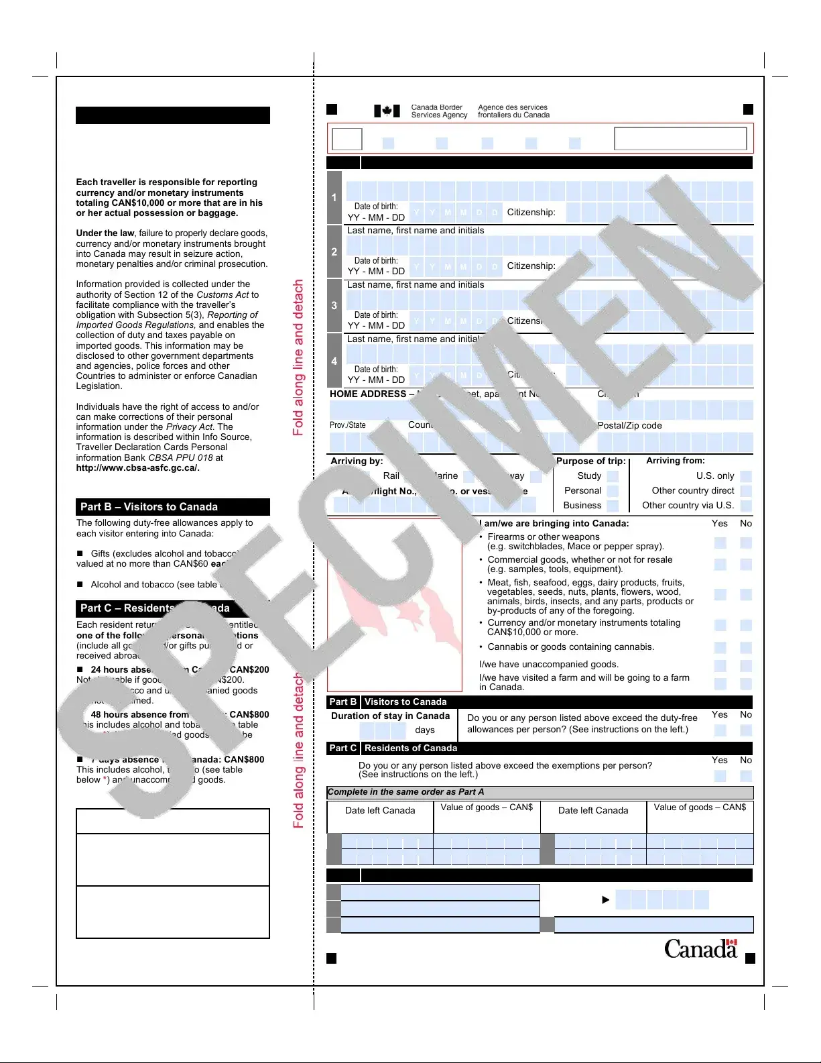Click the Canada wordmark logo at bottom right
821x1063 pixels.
pos(700,948)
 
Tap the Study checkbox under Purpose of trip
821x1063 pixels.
pos(613,476)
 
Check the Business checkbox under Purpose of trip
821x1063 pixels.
pos(613,506)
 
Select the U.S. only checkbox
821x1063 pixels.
pos(746,476)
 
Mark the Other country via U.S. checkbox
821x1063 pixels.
pos(746,506)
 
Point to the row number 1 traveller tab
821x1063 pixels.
pos(334,198)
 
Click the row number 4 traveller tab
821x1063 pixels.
pos(334,361)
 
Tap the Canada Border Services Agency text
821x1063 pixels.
pos(439,111)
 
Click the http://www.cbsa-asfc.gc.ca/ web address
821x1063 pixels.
pos(137,468)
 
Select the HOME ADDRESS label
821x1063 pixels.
pos(368,394)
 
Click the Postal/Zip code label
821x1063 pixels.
pos(629,426)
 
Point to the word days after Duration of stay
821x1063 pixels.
pos(425,730)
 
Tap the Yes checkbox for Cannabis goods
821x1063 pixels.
pos(720,648)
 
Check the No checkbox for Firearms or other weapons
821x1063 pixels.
pos(746,543)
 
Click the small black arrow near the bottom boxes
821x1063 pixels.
pos(606,900)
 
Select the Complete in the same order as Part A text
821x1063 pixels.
pos(405,792)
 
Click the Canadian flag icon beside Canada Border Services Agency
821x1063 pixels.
pos(387,111)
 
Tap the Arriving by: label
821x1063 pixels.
pos(357,461)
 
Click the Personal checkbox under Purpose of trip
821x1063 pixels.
pos(613,491)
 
